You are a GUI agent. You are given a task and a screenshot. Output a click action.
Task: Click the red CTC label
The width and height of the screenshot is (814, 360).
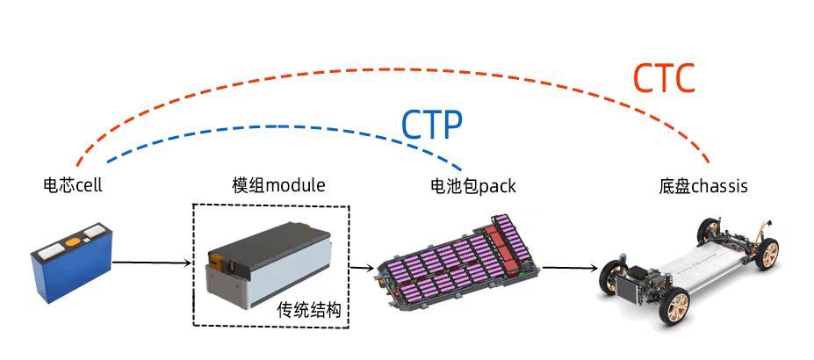tap(664, 78)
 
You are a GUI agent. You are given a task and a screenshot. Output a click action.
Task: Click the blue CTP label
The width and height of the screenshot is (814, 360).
tap(432, 125)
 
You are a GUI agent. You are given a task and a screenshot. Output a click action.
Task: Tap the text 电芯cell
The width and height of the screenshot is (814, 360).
tap(73, 184)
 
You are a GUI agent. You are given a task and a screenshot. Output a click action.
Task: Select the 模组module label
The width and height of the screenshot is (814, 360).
tap(278, 184)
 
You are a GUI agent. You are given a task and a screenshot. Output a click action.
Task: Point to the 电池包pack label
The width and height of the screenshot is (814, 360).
tap(473, 185)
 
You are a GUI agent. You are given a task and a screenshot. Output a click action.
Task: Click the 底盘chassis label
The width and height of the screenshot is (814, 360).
tap(702, 185)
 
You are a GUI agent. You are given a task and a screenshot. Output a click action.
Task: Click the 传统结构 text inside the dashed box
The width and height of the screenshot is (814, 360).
tap(309, 310)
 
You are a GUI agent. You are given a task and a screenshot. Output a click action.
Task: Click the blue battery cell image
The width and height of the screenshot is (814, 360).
tap(72, 263)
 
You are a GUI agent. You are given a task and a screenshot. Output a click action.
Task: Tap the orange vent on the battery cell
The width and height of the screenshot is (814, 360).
tap(73, 241)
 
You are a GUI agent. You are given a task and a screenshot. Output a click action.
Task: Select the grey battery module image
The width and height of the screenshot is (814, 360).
tap(268, 265)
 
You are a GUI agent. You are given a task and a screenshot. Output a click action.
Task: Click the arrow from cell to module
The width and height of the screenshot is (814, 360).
tap(152, 263)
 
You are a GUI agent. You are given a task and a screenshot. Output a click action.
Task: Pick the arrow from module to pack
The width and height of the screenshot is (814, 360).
tap(362, 268)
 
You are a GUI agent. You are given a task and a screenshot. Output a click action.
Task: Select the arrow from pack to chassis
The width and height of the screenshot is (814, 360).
tap(570, 268)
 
